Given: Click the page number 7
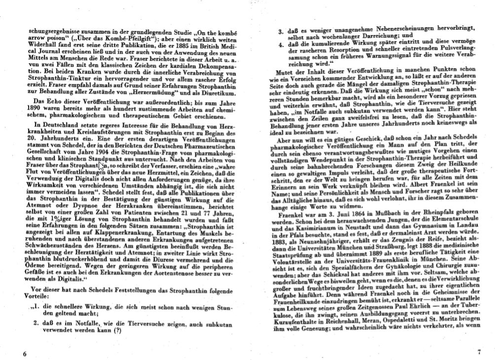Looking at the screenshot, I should point(478,352).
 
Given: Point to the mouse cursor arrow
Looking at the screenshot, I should point(101,166).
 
